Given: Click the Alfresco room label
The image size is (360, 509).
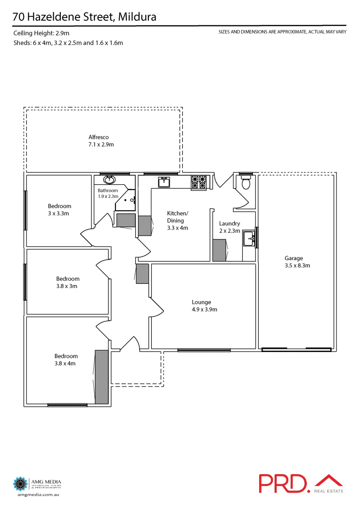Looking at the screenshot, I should (x=101, y=141).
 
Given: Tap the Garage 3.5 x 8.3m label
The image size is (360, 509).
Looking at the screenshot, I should (x=297, y=262).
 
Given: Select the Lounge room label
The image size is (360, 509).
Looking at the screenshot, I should (x=201, y=306).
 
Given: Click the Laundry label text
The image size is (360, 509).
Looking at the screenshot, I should (x=229, y=227).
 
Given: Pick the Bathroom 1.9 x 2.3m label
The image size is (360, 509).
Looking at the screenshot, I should (x=108, y=193).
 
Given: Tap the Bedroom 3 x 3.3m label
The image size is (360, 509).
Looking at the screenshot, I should (x=59, y=210).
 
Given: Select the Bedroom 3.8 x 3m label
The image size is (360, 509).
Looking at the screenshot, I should (x=67, y=282).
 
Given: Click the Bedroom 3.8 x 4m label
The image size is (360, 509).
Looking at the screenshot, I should (x=65, y=360).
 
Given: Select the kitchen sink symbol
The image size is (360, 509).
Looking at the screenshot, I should (x=164, y=181).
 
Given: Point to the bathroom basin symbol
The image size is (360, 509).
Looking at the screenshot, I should (x=110, y=179).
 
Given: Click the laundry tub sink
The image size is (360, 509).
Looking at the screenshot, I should (x=249, y=239).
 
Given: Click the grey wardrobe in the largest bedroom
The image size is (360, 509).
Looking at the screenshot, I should (x=101, y=377).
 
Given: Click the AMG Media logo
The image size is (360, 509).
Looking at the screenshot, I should (x=37, y=484).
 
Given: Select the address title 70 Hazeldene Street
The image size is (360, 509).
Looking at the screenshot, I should (x=85, y=17).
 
